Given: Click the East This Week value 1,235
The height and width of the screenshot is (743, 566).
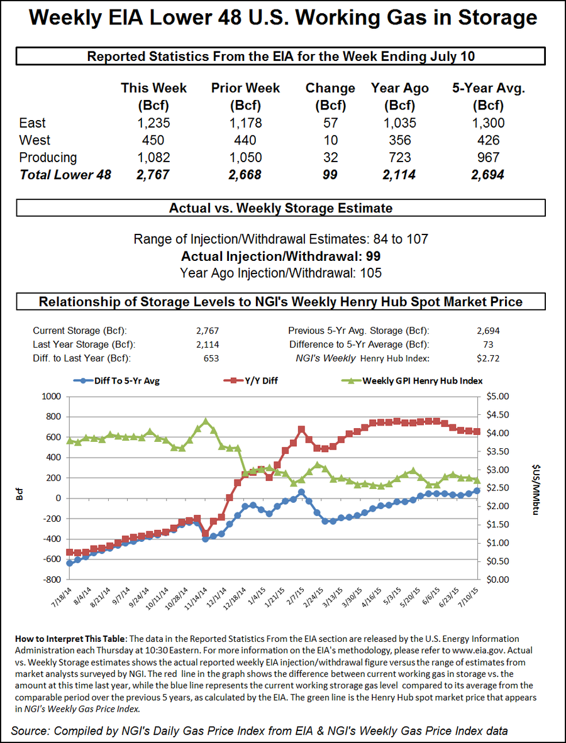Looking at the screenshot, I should coord(153,123).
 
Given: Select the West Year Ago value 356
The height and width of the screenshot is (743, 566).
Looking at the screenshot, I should coord(399,140).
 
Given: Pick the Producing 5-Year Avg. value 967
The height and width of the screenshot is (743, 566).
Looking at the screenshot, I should coord(489,157).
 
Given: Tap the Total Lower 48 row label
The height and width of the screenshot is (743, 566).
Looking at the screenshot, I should coord(65,175).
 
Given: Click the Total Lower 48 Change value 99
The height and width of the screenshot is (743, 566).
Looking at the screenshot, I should coord(330,175).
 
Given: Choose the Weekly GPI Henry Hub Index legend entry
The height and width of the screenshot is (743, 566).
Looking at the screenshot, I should coord(413,381).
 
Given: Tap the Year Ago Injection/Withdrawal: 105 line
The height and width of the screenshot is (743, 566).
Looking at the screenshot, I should coord(280,273).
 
